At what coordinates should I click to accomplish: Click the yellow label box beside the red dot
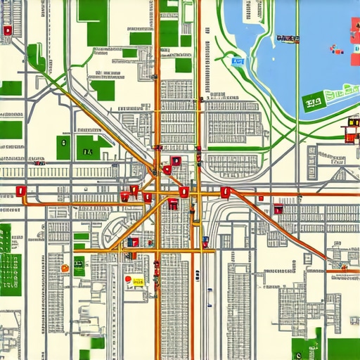(138, 282)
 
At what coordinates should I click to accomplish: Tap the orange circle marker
(65, 267)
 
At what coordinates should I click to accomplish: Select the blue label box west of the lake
(238, 61)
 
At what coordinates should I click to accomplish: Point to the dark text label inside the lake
(288, 38)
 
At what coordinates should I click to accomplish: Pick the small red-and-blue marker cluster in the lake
(336, 49)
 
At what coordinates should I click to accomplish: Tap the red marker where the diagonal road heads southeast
(278, 208)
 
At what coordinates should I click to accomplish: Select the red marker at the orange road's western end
(20, 191)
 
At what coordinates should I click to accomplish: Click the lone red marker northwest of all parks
(7, 30)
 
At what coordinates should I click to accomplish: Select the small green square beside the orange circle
(79, 268)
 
